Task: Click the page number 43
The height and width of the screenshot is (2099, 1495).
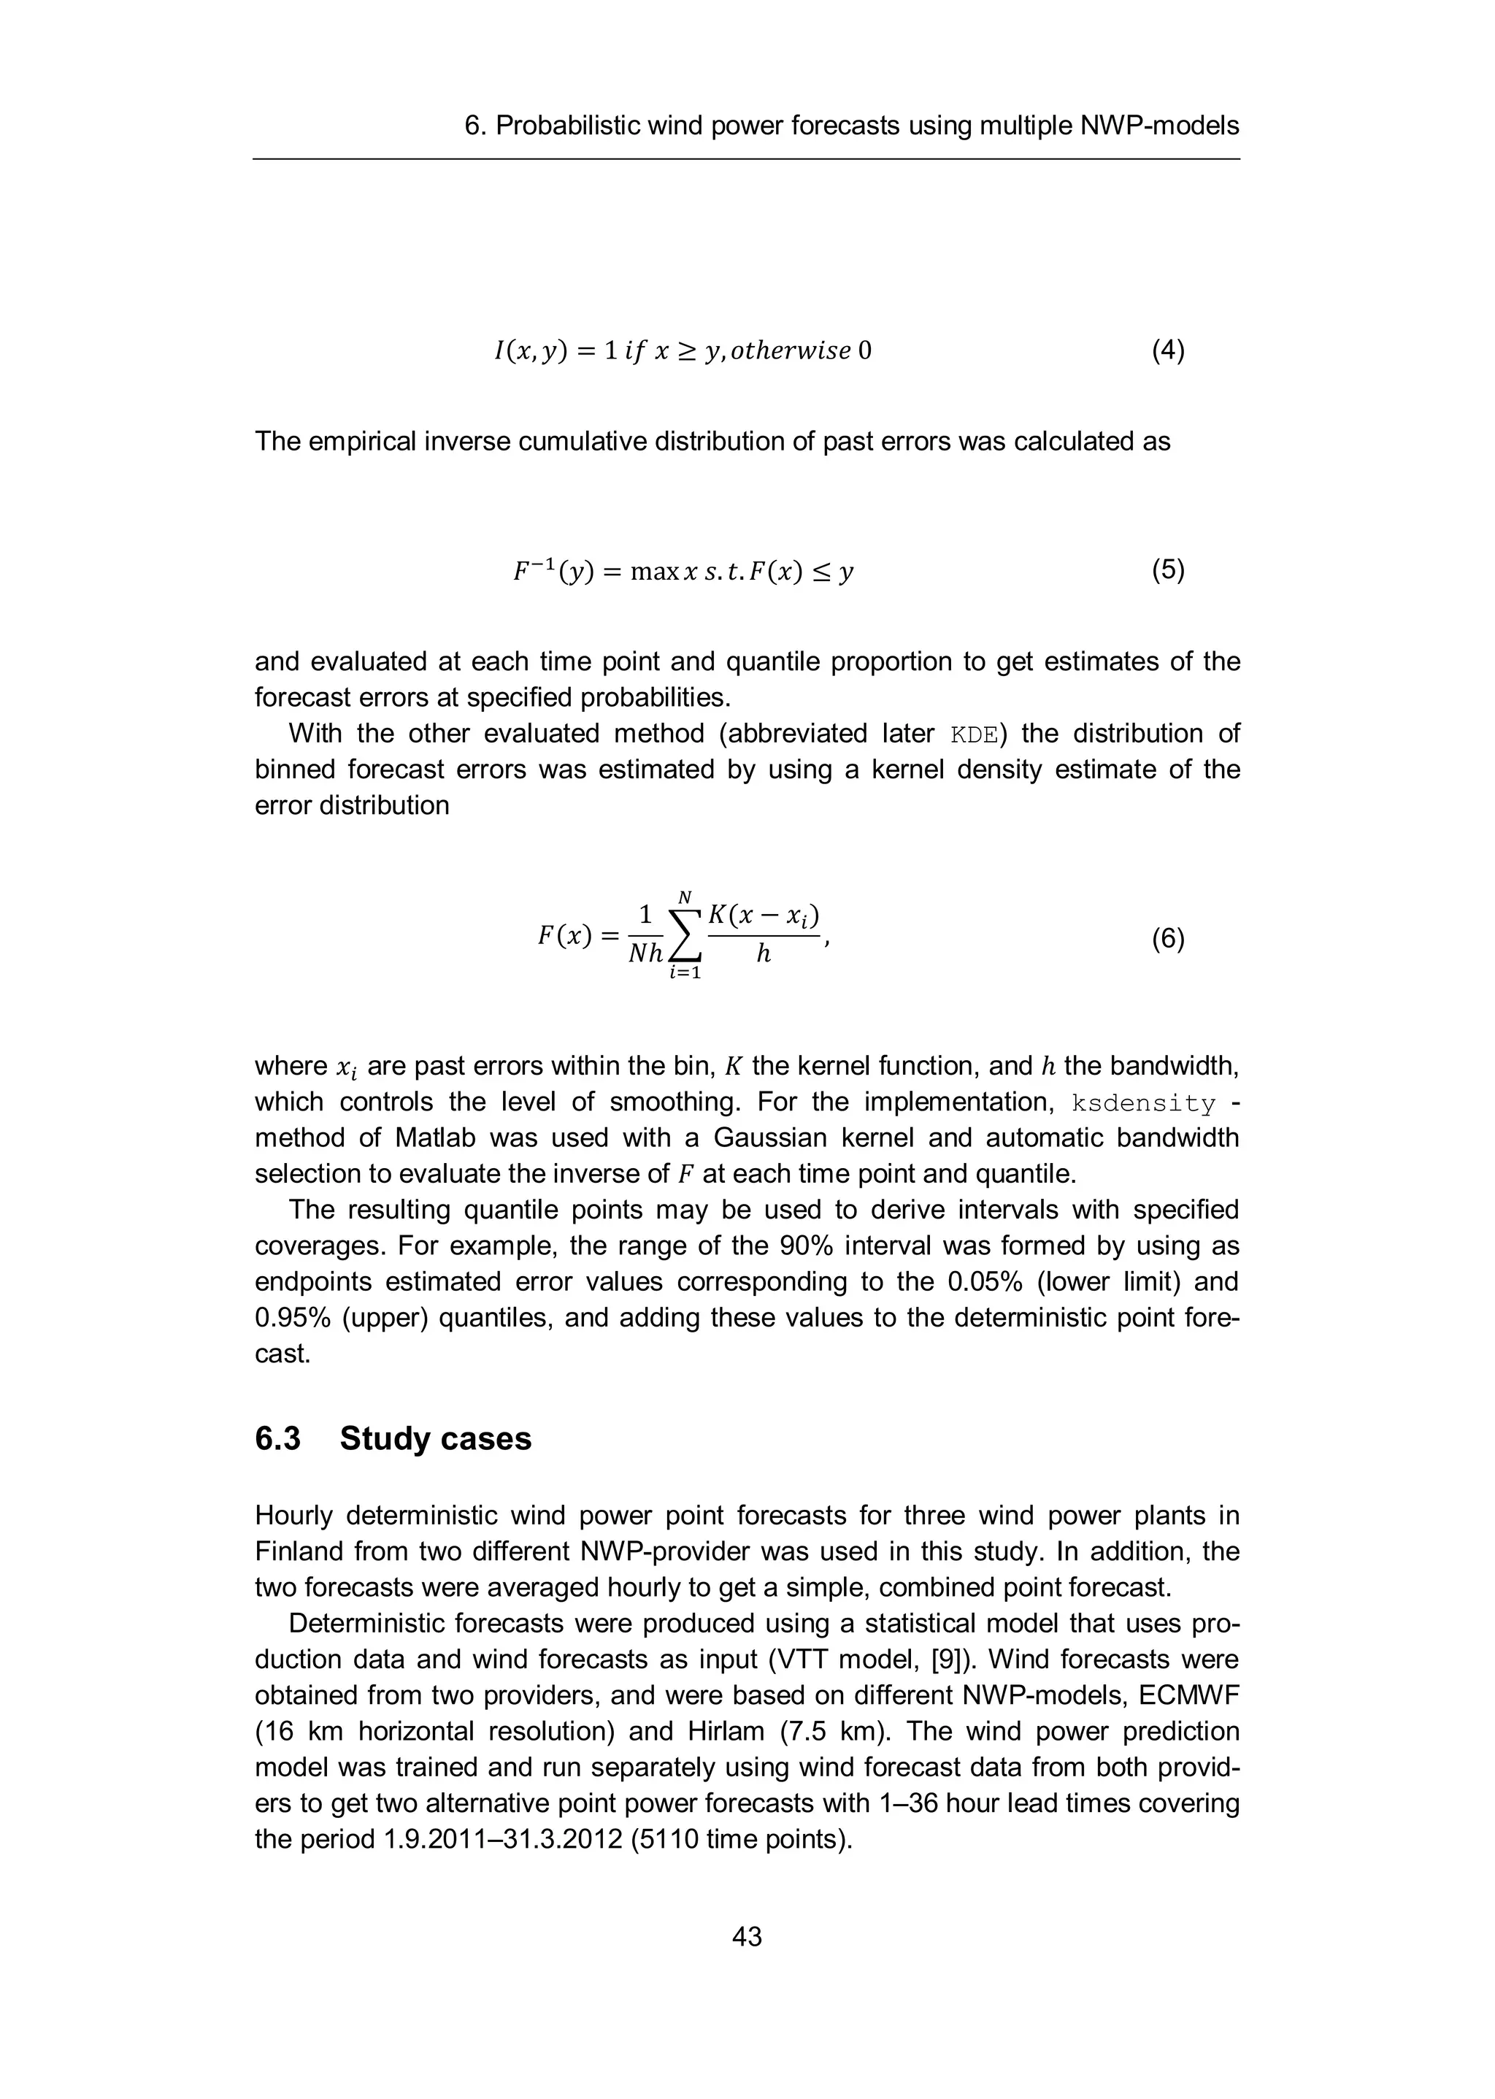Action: click(x=747, y=1936)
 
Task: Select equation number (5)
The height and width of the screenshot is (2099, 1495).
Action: click(x=1167, y=571)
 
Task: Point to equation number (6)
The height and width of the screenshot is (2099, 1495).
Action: click(x=1167, y=939)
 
